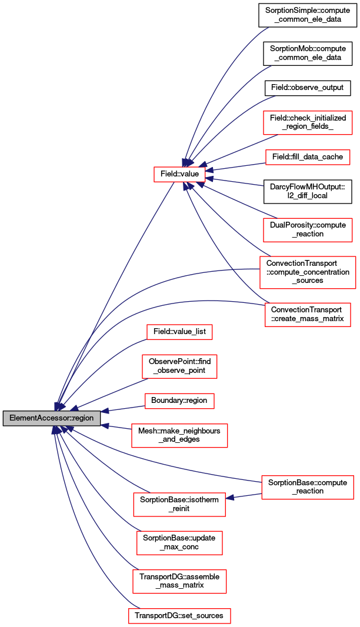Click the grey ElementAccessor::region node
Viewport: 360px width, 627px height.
click(52, 418)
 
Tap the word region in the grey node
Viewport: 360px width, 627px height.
click(82, 418)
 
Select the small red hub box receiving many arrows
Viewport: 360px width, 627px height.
click(179, 174)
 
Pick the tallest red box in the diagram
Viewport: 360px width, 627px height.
click(308, 272)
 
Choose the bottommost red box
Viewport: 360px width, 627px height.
click(179, 616)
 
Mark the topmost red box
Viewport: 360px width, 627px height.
click(308, 123)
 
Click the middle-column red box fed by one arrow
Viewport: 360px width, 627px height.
click(179, 505)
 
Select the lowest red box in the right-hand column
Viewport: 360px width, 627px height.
click(308, 488)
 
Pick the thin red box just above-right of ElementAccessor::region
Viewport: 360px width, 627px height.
click(179, 401)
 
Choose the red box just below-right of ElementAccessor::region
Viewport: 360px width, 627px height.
click(179, 436)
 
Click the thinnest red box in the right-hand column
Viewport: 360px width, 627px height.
click(308, 158)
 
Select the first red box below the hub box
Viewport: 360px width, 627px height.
click(179, 332)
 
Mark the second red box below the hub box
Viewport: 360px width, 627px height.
click(179, 366)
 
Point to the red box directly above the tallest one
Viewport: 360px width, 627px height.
click(308, 229)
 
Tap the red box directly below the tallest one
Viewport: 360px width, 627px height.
click(308, 315)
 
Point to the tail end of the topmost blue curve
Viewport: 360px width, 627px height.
click(268, 28)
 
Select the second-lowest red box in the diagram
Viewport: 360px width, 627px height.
click(179, 582)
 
